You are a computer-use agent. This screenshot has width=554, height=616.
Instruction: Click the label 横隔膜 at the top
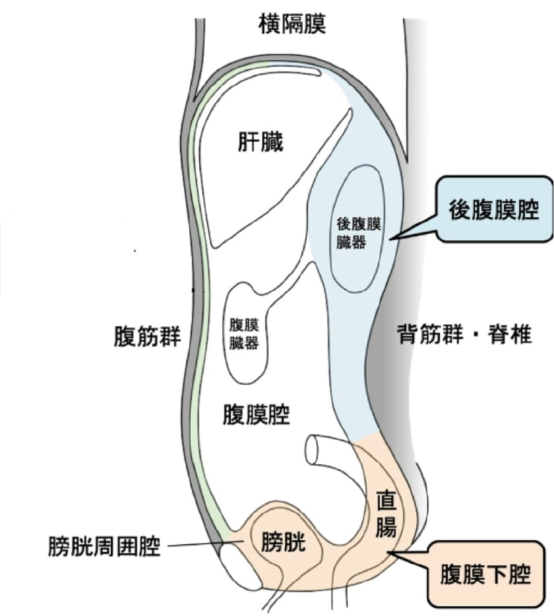point(292,24)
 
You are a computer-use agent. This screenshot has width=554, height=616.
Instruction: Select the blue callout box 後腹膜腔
point(493,210)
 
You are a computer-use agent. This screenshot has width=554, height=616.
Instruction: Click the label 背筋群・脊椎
point(464,334)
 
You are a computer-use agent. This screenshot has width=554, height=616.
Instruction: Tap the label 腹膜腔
point(257,416)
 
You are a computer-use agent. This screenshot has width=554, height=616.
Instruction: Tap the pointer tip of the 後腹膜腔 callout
point(390,239)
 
